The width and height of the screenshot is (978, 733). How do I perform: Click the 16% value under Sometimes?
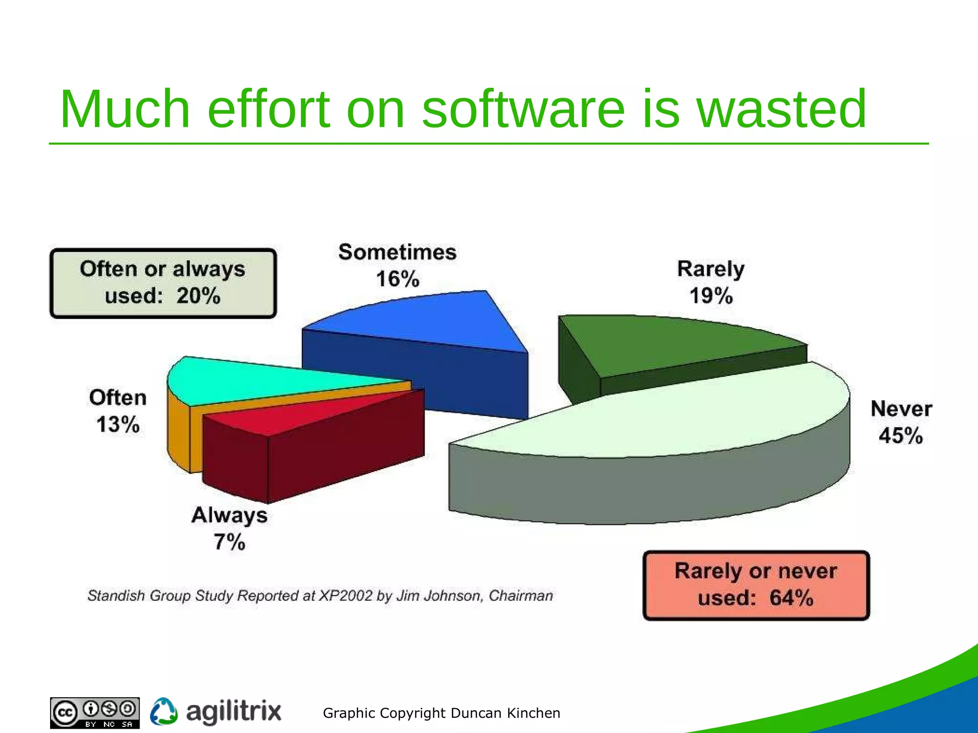pyautogui.click(x=397, y=279)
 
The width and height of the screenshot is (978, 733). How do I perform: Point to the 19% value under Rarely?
pyautogui.click(x=711, y=296)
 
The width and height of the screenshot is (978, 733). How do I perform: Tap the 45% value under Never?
pyautogui.click(x=901, y=436)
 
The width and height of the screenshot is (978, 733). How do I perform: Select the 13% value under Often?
pyautogui.click(x=118, y=424)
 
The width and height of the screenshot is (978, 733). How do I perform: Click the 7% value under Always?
pyautogui.click(x=229, y=542)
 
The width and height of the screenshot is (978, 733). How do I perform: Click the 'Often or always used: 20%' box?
pyautogui.click(x=163, y=283)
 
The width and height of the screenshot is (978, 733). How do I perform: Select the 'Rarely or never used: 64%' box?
pyautogui.click(x=756, y=585)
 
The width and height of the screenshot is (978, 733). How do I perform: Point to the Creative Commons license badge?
pyautogui.click(x=95, y=712)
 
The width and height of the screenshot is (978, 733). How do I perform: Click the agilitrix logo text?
pyautogui.click(x=234, y=712)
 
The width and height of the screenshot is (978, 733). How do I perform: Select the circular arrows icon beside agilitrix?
pyautogui.click(x=164, y=712)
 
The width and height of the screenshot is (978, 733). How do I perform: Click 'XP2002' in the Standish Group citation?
pyautogui.click(x=345, y=596)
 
